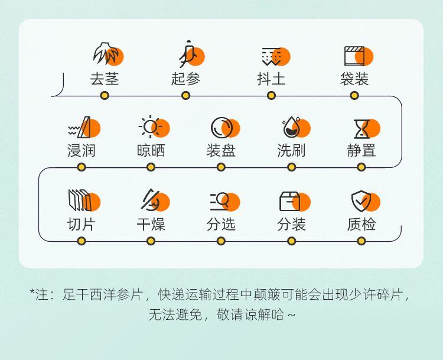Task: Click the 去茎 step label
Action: pyautogui.click(x=105, y=79)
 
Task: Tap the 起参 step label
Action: pyautogui.click(x=186, y=79)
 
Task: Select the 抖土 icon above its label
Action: pyautogui.click(x=272, y=56)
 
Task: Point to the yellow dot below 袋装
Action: pyautogui.click(x=354, y=96)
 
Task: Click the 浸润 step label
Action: pyautogui.click(x=82, y=150)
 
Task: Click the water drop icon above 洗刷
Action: pyautogui.click(x=292, y=127)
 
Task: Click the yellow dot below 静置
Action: pyautogui.click(x=361, y=167)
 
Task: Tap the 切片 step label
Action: pyautogui.click(x=82, y=225)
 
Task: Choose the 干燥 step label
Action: pyautogui.click(x=151, y=225)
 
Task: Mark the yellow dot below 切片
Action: pyautogui.click(x=82, y=241)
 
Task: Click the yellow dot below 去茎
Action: pyautogui.click(x=105, y=96)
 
